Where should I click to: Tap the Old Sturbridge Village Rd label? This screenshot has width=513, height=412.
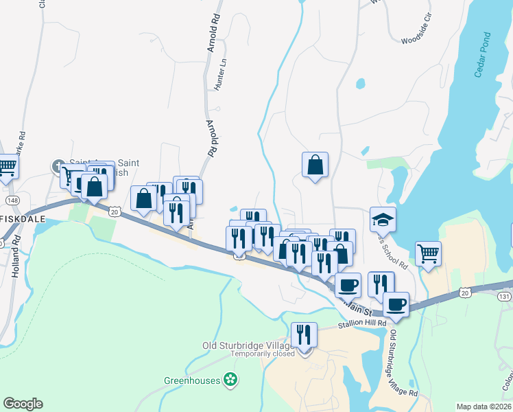403,363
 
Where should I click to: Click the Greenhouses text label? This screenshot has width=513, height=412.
191,380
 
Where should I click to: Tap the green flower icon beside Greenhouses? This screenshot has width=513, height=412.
230,380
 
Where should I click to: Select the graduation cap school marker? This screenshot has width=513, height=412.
383,219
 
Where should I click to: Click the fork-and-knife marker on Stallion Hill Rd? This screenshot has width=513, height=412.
304,335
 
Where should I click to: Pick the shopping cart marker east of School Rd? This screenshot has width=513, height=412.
429,253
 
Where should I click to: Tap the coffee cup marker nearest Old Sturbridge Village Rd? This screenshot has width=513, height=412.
396,304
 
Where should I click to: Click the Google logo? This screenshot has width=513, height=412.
23,404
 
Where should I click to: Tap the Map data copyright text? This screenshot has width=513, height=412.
484,407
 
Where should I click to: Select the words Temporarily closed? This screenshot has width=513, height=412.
262,354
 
